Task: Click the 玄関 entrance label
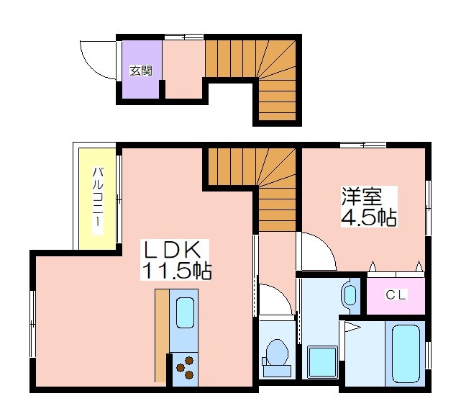[x=142, y=71]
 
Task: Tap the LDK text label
[x=171, y=250]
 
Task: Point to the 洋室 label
[x=361, y=197]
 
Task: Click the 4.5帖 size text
[x=369, y=217]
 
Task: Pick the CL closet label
[x=396, y=294]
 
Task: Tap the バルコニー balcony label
[x=98, y=197]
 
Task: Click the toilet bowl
[x=276, y=358]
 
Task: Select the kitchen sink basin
[x=185, y=312]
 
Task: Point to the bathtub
[x=406, y=353]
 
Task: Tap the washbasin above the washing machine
[x=350, y=295]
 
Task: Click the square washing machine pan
[x=321, y=361]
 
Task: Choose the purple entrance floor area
[x=142, y=69]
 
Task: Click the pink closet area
[x=396, y=295]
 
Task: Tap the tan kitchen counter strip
[x=162, y=335]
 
